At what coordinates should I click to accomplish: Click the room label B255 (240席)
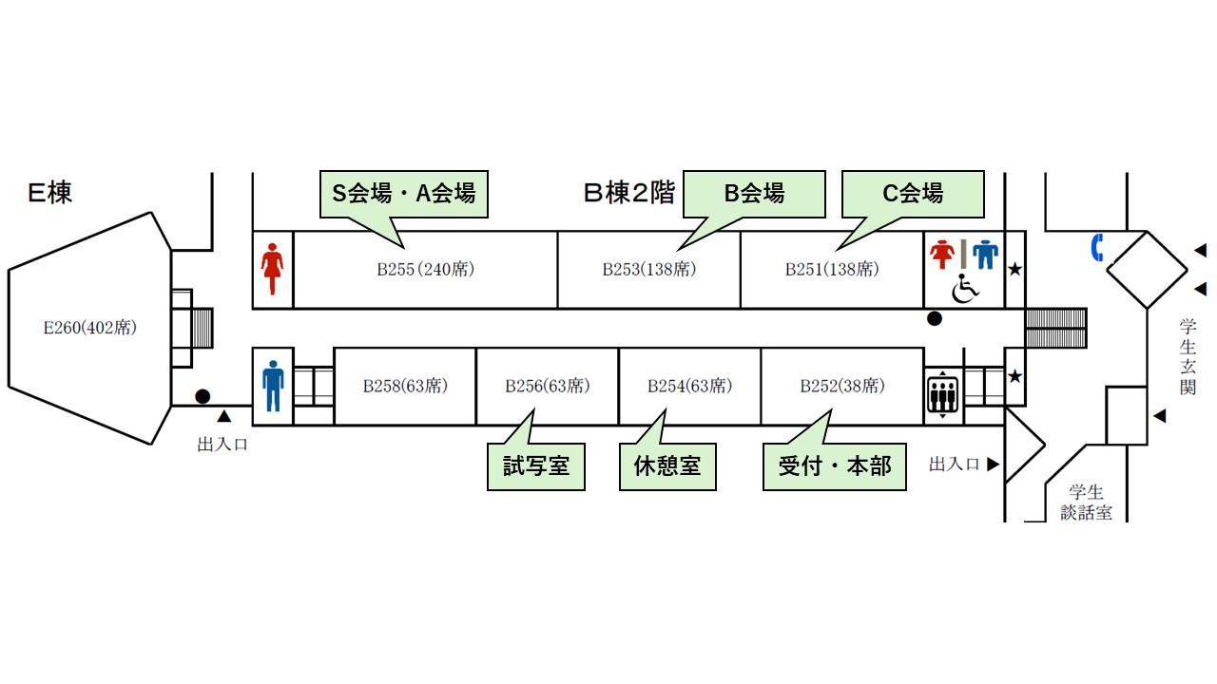(425, 269)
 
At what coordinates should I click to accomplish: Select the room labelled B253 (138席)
(649, 269)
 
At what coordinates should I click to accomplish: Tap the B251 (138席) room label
(832, 269)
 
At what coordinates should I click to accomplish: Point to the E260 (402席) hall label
(90, 328)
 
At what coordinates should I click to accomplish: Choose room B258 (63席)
(405, 386)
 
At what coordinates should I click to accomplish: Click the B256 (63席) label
(547, 386)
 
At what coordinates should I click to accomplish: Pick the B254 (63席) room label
(689, 386)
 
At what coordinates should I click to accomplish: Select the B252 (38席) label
(842, 386)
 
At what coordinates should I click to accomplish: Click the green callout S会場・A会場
(404, 195)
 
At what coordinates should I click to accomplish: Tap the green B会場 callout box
(754, 194)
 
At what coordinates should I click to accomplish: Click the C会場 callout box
(913, 194)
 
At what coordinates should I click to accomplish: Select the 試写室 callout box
(535, 466)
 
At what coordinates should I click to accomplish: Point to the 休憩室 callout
(667, 466)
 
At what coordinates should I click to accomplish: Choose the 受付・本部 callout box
(835, 466)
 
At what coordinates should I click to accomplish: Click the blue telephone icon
(1097, 248)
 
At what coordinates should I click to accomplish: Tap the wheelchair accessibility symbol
(965, 288)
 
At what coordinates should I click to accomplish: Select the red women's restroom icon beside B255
(272, 269)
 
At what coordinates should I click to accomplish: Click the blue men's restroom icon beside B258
(273, 386)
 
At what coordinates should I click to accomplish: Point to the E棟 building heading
(49, 193)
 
